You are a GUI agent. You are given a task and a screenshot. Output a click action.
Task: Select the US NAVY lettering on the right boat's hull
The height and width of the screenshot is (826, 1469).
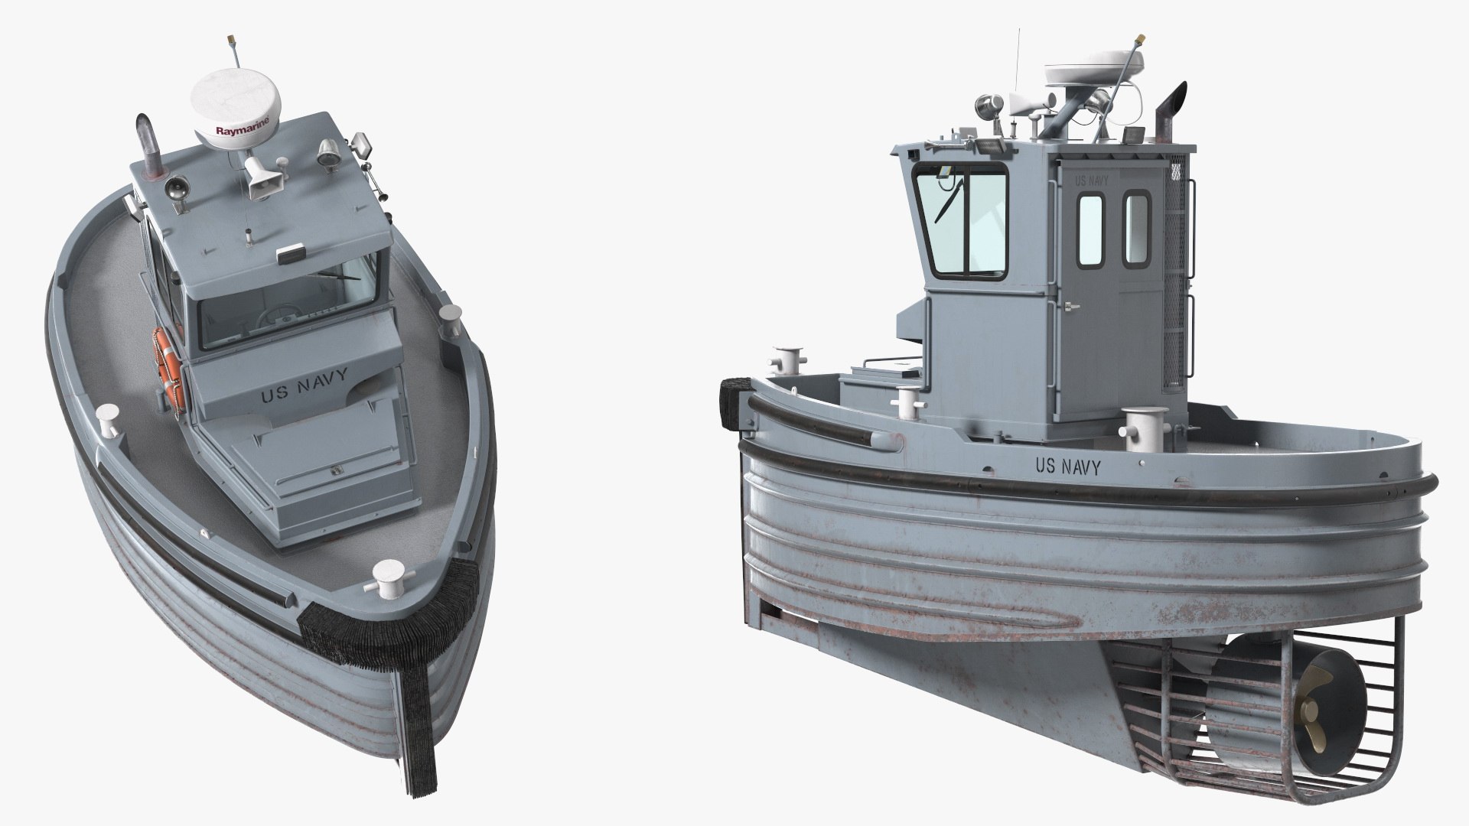coord(1067,467)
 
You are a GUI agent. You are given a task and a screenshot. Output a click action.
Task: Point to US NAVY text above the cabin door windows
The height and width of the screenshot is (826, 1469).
coord(1091,181)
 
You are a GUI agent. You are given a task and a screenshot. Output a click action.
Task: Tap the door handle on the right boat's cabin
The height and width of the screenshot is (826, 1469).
coord(1070,307)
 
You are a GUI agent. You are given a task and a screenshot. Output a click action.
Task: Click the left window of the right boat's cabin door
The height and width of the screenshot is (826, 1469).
coord(1090,230)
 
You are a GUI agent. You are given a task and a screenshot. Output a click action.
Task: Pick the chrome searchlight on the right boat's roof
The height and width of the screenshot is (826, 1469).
coord(985,108)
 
